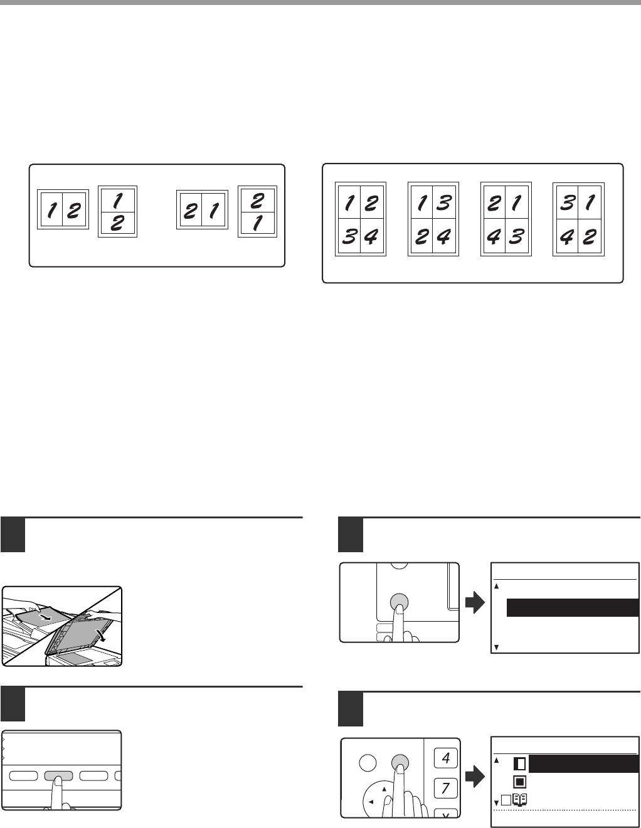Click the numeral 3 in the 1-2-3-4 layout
[349, 236]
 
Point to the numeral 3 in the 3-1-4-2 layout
[567, 202]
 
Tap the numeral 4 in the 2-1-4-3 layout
[494, 237]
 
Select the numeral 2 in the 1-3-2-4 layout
[421, 237]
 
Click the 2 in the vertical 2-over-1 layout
[257, 201]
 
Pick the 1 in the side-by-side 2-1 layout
[214, 211]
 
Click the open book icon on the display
[520, 800]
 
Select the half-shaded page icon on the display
[520, 764]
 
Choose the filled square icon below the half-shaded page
[520, 782]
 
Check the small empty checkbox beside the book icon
[506, 800]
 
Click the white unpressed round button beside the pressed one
[368, 763]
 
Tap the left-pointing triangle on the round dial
[371, 802]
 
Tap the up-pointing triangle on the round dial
[384, 789]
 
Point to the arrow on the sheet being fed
[45, 616]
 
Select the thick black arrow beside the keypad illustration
[475, 777]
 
